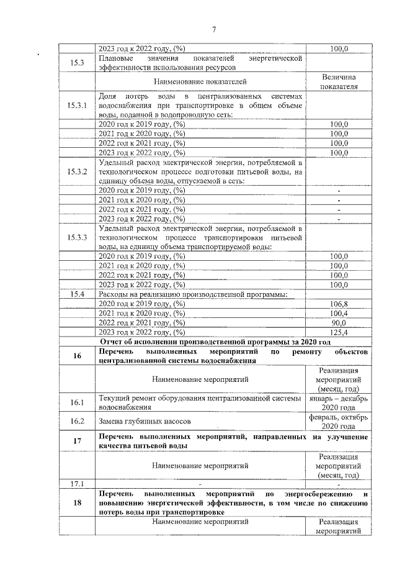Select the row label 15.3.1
pyautogui.click(x=78, y=106)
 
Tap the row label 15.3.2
pyautogui.click(x=78, y=171)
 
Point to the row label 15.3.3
pyautogui.click(x=78, y=237)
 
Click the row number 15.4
pyautogui.click(x=78, y=294)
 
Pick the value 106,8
pyautogui.click(x=338, y=304)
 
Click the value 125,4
pyautogui.click(x=338, y=332)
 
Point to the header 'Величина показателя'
pyautogui.click(x=338, y=81)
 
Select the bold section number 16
pyautogui.click(x=78, y=356)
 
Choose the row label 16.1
pyautogui.click(x=78, y=402)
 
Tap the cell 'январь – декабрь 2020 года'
pyautogui.click(x=338, y=402)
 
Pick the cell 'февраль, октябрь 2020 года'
pyautogui.click(x=338, y=422)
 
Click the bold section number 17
pyautogui.click(x=78, y=441)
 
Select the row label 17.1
pyautogui.click(x=78, y=483)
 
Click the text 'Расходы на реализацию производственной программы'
pyautogui.click(x=193, y=294)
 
